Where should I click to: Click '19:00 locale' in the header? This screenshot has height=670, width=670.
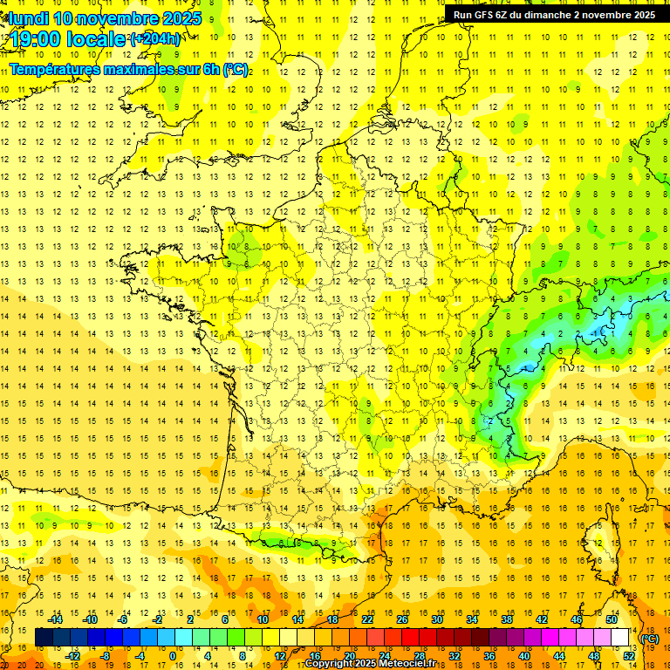tap(68, 39)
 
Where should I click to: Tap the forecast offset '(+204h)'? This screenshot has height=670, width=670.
tap(155, 39)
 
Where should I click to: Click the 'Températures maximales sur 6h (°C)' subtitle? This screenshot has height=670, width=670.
tap(128, 69)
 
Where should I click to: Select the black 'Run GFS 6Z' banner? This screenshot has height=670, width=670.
tap(554, 15)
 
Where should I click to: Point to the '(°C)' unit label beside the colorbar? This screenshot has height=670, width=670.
tap(650, 639)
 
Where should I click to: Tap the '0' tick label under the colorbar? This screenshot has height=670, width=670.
tap(173, 656)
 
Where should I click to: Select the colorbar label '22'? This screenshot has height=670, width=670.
tap(367, 619)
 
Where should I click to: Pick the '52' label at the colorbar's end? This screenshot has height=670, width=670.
tap(628, 656)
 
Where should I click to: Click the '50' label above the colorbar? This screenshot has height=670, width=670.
tap(612, 619)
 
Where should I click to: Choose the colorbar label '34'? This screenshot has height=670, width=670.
tap(472, 619)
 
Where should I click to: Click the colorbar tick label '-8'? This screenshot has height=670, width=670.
tap(106, 656)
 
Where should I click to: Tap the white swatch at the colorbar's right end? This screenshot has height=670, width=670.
tap(619, 638)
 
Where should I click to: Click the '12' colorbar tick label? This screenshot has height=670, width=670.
tap(279, 656)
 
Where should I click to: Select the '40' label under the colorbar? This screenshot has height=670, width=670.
tap(524, 656)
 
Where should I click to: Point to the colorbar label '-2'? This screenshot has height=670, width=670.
tap(158, 619)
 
